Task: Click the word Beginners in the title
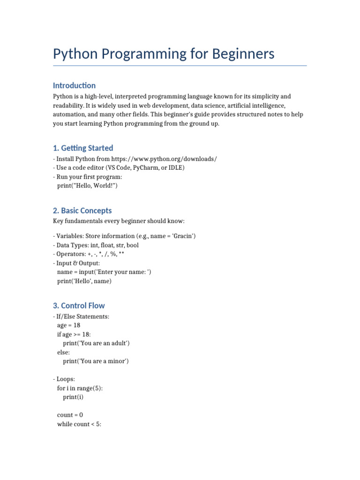[x=243, y=54]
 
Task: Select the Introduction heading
[x=74, y=85]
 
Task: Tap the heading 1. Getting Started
[x=83, y=148]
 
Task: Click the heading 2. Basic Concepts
[x=82, y=210]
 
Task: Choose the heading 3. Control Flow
[x=79, y=306]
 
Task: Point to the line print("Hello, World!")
[x=87, y=186]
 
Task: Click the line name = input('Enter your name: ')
[x=111, y=272]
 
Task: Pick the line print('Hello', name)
[x=84, y=281]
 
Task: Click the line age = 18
[x=68, y=325]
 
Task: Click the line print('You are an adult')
[x=96, y=343]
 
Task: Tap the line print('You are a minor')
[x=96, y=361]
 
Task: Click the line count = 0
[x=70, y=415]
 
